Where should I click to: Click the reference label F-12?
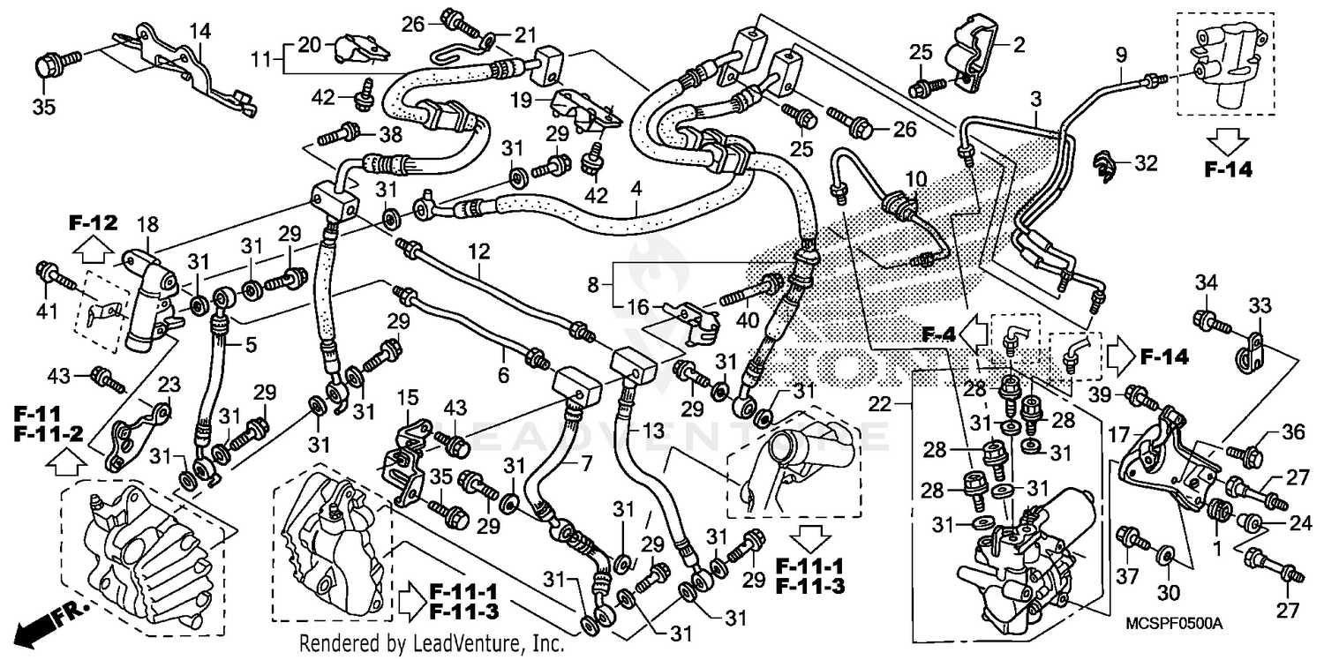pyautogui.click(x=93, y=222)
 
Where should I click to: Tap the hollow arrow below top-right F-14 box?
pyautogui.click(x=1227, y=139)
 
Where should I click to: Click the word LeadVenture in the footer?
pyautogui.click(x=462, y=644)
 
